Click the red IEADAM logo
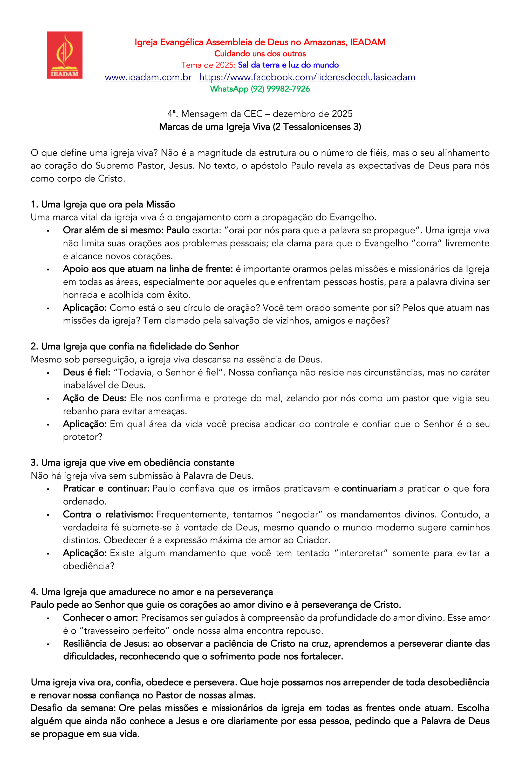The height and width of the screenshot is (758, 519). point(65,55)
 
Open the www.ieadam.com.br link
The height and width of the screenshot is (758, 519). point(148,77)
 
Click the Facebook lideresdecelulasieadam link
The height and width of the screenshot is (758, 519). point(307,77)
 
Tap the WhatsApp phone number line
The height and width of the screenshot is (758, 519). point(260,89)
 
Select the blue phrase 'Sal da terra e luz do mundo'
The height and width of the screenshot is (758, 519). point(288,65)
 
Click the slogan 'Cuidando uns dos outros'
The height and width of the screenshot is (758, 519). point(260,53)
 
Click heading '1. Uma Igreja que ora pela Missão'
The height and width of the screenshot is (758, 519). point(103,205)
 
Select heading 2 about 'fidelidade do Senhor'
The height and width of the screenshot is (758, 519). point(135,346)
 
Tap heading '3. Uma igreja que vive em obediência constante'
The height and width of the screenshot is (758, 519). point(132,463)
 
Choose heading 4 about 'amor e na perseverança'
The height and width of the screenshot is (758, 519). point(152,592)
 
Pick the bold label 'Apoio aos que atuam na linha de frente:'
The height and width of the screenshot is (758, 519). point(148,269)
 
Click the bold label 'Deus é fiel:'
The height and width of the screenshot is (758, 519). point(87,372)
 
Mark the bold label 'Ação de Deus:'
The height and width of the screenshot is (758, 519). point(94,398)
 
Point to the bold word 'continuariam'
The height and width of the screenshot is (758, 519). point(369,489)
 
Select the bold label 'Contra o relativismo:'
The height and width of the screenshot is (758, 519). point(108,514)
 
